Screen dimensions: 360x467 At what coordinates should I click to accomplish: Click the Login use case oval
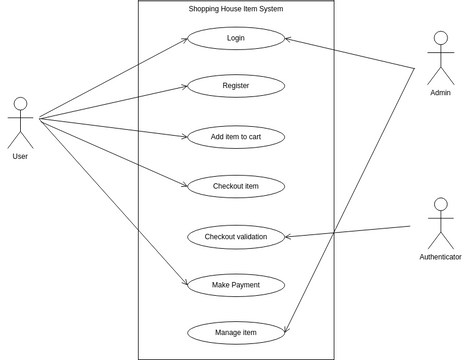click(x=236, y=38)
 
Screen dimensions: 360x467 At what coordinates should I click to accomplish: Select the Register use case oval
click(x=236, y=86)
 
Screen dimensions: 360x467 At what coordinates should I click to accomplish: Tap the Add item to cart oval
click(x=236, y=136)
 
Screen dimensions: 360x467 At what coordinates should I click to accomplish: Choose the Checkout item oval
click(x=236, y=186)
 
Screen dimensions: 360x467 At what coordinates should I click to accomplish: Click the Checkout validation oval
click(x=236, y=237)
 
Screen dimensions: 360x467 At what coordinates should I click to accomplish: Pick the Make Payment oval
click(x=236, y=285)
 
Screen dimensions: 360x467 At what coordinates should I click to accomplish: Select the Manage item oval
click(x=236, y=333)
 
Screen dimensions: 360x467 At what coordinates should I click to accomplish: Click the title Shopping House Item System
click(x=236, y=9)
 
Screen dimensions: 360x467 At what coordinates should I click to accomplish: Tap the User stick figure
click(x=20, y=122)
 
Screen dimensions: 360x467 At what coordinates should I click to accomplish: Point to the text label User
click(x=20, y=157)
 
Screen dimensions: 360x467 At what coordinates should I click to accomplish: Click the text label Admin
click(x=440, y=93)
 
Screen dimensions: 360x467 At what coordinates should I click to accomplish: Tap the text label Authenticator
click(x=440, y=257)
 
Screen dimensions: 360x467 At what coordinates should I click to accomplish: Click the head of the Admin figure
click(x=440, y=38)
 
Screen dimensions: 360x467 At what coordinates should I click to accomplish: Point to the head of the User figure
click(x=20, y=102)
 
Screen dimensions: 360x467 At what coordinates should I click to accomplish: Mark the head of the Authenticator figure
click(x=440, y=204)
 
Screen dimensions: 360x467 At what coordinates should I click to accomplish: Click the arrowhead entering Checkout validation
click(x=289, y=237)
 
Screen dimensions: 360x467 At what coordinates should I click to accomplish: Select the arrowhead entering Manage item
click(x=288, y=330)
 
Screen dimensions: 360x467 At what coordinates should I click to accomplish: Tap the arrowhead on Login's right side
click(x=288, y=40)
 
